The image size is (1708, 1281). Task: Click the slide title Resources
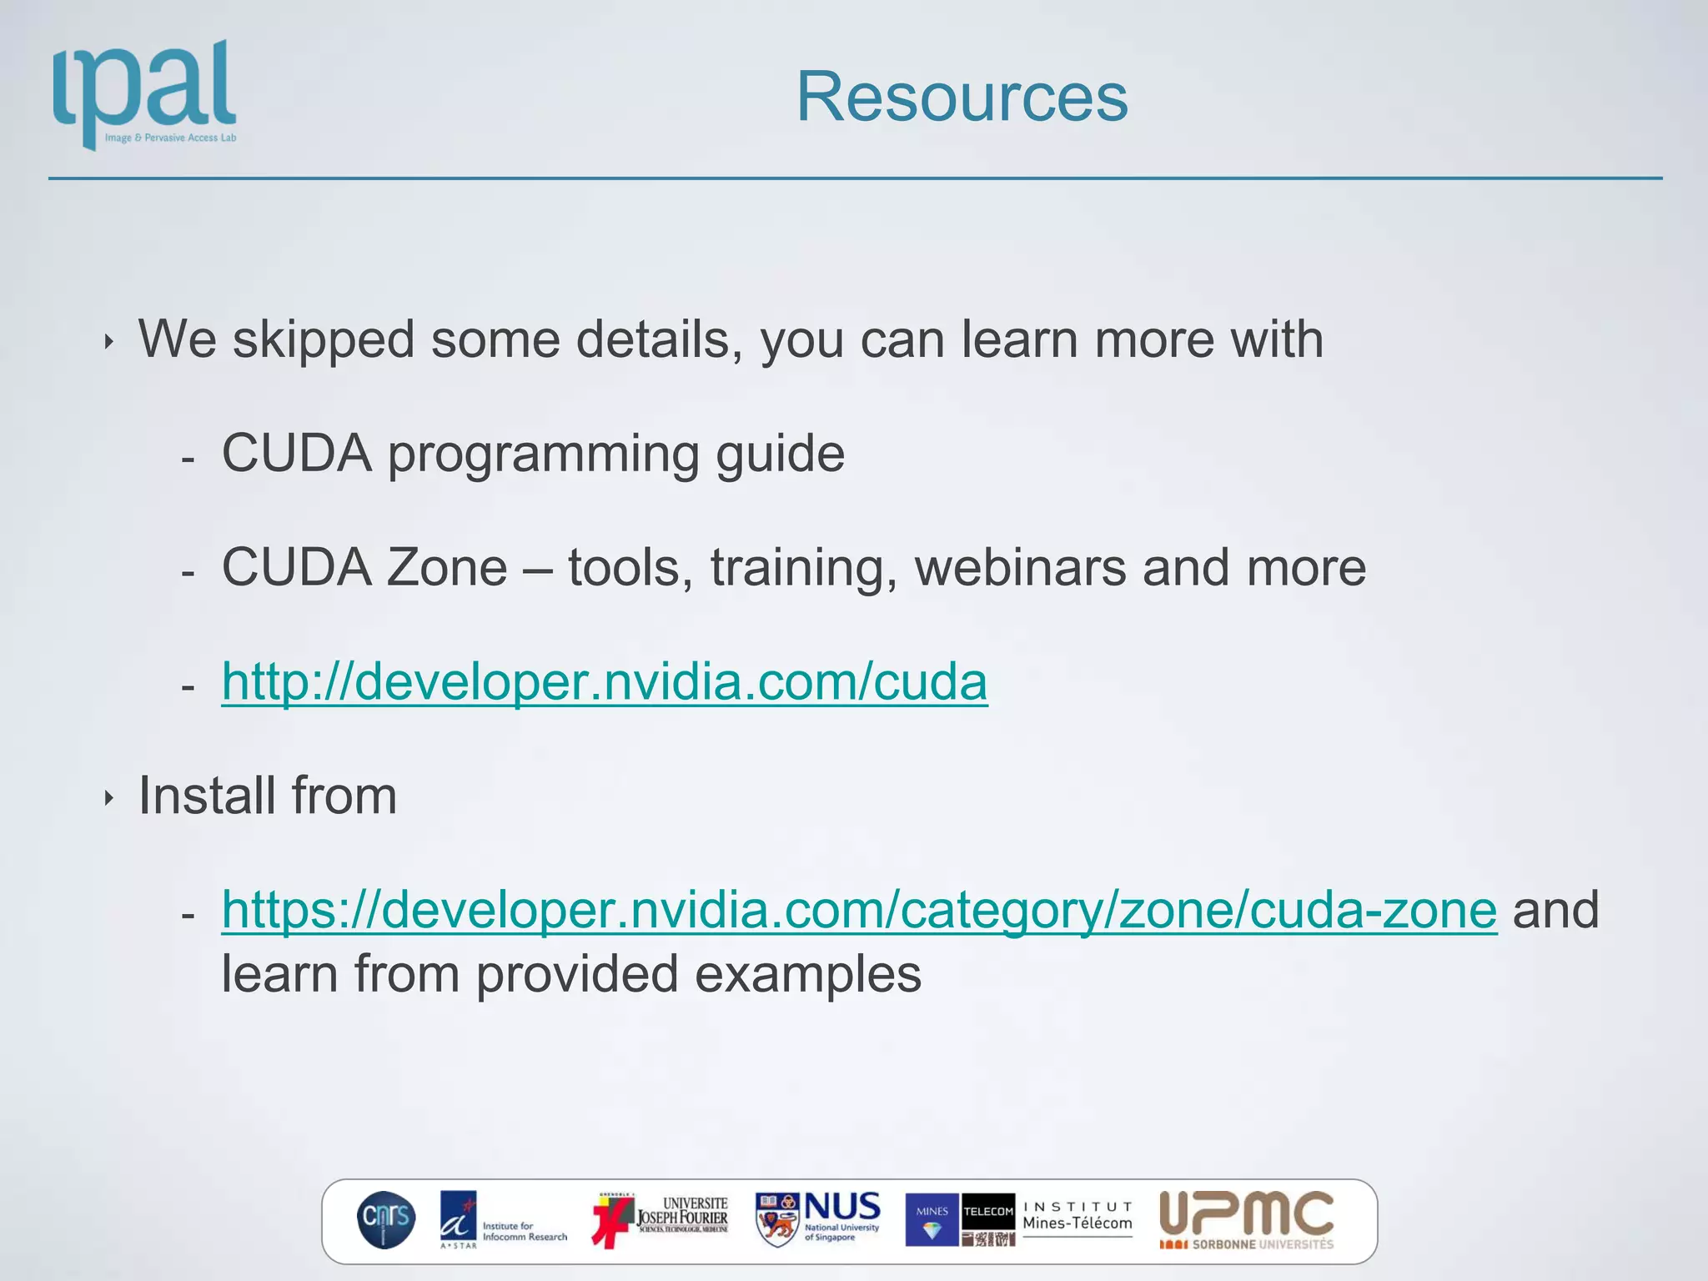pyautogui.click(x=962, y=97)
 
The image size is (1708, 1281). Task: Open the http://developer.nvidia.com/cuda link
pyautogui.click(x=604, y=681)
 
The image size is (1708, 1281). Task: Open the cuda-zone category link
pyautogui.click(x=858, y=909)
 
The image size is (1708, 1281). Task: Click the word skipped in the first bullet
pyautogui.click(x=323, y=340)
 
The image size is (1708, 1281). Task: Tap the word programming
pyautogui.click(x=543, y=455)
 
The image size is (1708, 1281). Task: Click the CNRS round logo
pyautogui.click(x=385, y=1219)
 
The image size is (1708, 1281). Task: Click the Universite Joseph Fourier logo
pyautogui.click(x=661, y=1219)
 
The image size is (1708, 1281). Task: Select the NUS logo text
pyautogui.click(x=841, y=1208)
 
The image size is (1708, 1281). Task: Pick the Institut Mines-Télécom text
pyautogui.click(x=1078, y=1217)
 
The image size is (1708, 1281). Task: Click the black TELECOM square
pyautogui.click(x=988, y=1211)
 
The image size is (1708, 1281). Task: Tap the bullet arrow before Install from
pyautogui.click(x=109, y=798)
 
